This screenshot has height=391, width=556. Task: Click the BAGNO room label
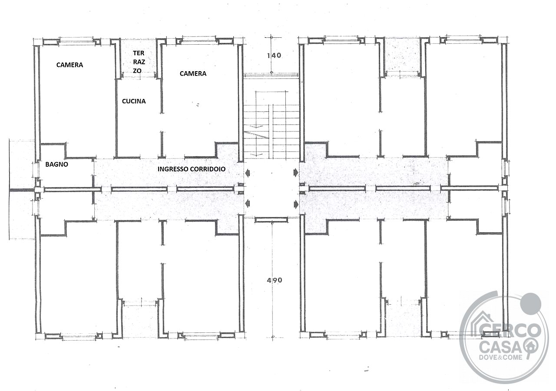point(56,164)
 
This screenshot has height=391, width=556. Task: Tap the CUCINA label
point(134,101)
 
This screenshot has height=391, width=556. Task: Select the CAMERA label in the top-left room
point(69,65)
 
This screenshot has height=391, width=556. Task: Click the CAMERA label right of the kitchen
point(193,73)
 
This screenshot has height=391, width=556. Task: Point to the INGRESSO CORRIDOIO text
point(192,169)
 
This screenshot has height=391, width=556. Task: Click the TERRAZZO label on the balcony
point(139,62)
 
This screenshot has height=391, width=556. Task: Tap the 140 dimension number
point(274,55)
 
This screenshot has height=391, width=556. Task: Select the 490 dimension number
point(274,280)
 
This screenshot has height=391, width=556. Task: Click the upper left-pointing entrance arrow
point(248,173)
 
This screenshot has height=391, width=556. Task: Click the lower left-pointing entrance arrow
point(248,204)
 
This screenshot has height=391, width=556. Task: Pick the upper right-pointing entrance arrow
point(296,172)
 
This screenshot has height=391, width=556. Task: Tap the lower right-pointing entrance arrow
point(296,204)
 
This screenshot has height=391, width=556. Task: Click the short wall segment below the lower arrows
point(271,220)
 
